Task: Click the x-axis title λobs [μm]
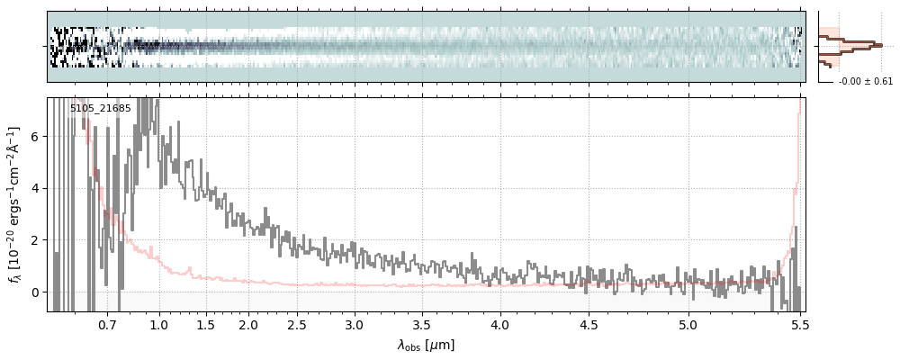pyautogui.click(x=427, y=345)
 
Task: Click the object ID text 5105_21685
pyautogui.click(x=100, y=109)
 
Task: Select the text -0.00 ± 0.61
pyautogui.click(x=866, y=82)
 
